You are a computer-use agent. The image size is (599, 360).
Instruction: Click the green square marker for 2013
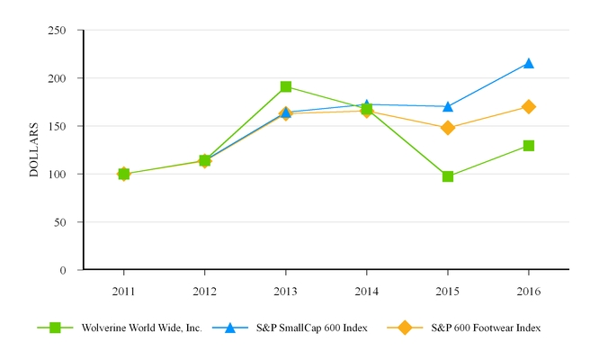pos(286,86)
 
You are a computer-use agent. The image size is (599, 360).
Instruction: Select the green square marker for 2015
pos(448,176)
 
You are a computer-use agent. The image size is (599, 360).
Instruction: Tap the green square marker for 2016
pos(529,146)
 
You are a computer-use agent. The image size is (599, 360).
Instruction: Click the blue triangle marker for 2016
pos(529,63)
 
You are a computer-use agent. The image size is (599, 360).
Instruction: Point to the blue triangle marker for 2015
pos(448,106)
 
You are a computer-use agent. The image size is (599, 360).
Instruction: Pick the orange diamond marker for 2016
pos(529,106)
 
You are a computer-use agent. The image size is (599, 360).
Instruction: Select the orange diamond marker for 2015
pos(448,128)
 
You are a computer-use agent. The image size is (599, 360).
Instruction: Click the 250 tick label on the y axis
pos(58,31)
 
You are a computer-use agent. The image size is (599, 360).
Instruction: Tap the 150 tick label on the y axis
pos(58,126)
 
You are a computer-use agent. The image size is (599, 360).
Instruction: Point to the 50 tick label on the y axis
pos(61,221)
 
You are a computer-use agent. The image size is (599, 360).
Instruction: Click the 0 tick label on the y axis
pos(65,270)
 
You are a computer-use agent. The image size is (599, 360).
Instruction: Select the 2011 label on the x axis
pos(123,292)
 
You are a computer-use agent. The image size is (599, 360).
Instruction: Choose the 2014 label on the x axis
pos(367,292)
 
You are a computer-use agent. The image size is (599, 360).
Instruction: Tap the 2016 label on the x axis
pos(529,292)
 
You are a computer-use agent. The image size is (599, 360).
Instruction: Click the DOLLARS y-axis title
pos(34,149)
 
